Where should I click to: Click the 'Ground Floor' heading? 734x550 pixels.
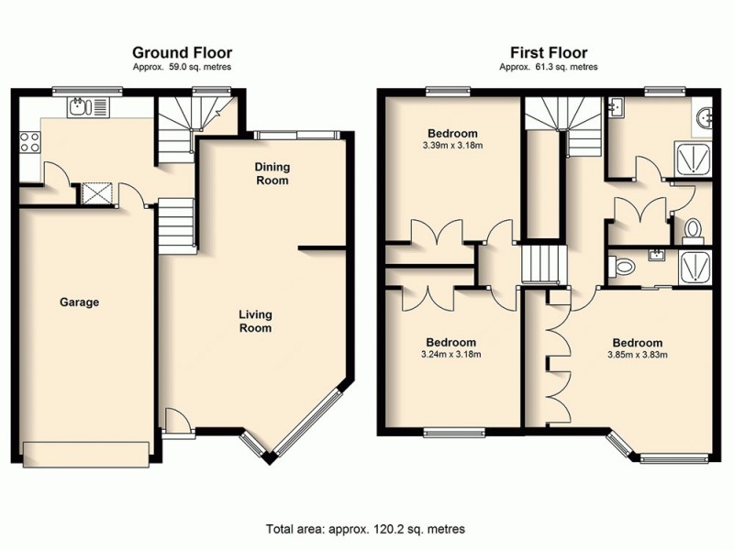pos(182,52)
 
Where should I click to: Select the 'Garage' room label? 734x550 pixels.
pos(79,302)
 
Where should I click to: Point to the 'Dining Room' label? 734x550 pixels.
pos(272,173)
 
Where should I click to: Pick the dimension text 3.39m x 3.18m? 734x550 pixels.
pos(451,145)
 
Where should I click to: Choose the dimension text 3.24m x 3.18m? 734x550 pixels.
pos(450,354)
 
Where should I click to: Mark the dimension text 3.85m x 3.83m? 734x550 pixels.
pos(636,356)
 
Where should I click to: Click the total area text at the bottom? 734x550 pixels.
pos(365,529)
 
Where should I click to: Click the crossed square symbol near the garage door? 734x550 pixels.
pos(95,193)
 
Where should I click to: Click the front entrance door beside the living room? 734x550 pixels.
pos(178,421)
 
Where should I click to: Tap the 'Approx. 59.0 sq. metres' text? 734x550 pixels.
pos(182,67)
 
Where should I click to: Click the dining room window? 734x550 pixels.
pos(297,135)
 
